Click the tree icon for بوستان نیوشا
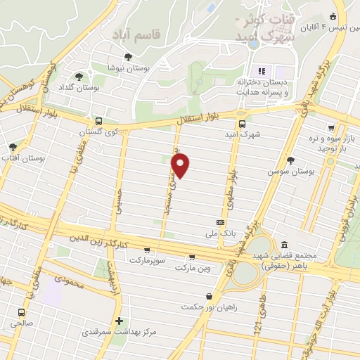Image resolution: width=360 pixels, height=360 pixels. point(127,57)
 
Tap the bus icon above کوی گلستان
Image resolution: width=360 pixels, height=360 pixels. point(99,121)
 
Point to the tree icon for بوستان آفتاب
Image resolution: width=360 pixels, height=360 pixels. point(13,148)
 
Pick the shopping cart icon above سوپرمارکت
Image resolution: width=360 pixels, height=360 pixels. point(146,250)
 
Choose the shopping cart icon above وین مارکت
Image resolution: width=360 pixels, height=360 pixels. point(191,257)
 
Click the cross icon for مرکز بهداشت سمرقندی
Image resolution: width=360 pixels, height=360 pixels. point(120,320)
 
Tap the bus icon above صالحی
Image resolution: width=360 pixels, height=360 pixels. point(22,312)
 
